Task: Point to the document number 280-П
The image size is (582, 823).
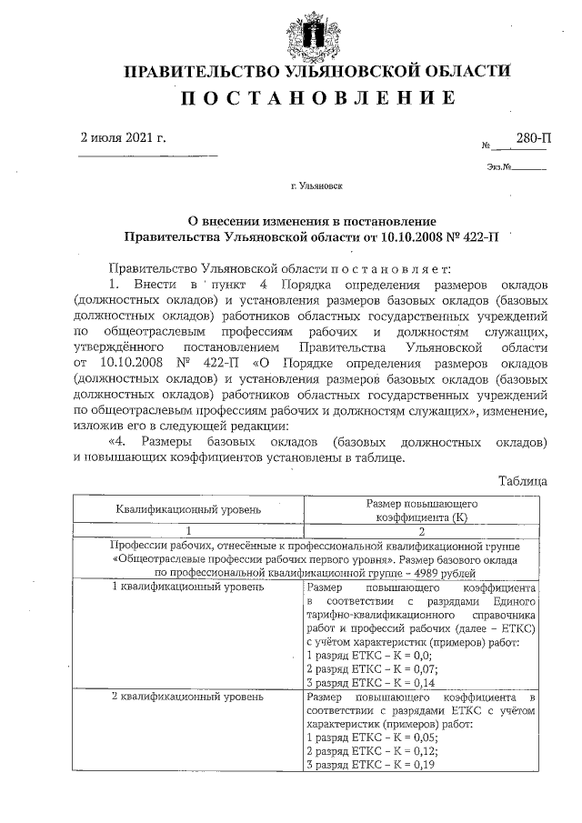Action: click(x=533, y=138)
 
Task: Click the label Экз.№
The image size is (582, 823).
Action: click(x=499, y=166)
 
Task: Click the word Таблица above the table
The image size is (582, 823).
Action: click(x=525, y=479)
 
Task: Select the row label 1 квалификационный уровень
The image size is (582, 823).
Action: click(x=188, y=587)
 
